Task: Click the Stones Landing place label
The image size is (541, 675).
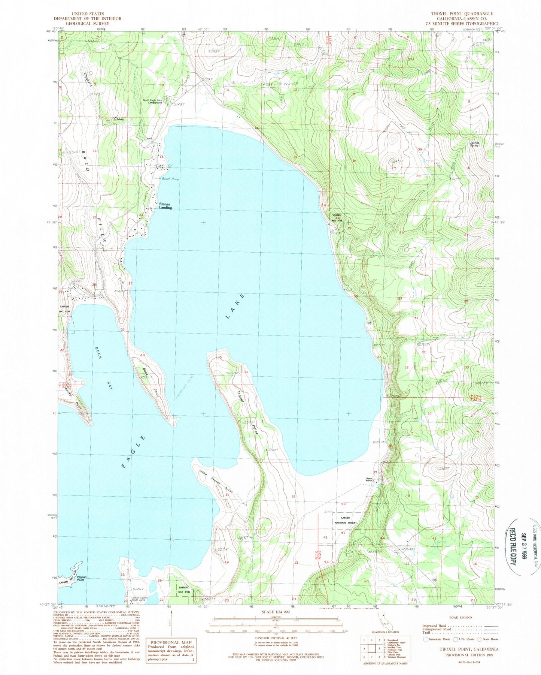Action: (x=165, y=206)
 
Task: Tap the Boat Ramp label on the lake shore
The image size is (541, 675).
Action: (x=170, y=179)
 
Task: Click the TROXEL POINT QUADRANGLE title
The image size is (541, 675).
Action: (x=461, y=13)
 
